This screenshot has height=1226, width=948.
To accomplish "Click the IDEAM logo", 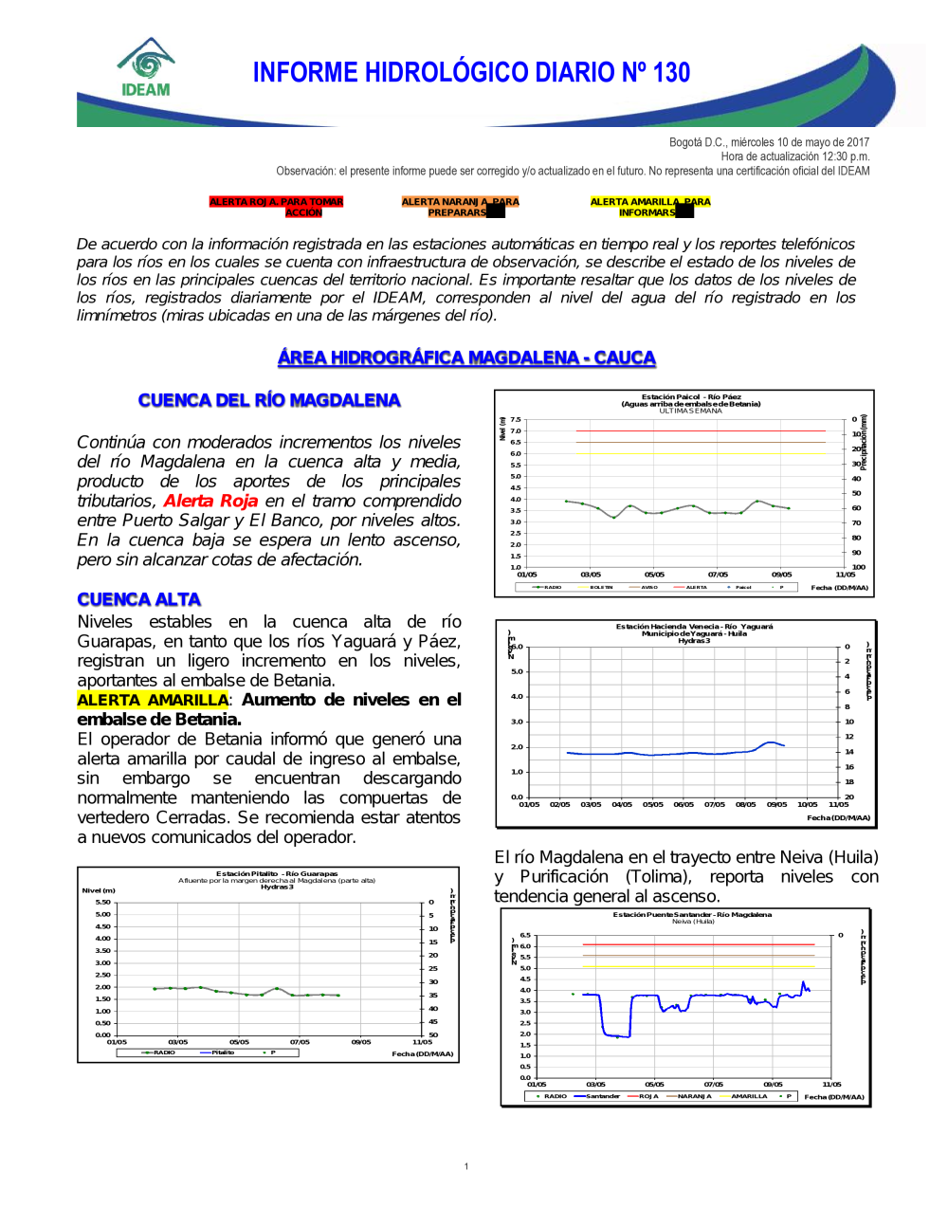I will tap(145, 68).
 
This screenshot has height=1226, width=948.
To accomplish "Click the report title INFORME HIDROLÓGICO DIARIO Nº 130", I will tap(471, 73).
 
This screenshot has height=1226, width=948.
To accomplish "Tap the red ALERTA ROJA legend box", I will tap(276, 207).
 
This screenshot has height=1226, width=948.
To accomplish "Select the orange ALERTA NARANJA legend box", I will tap(460, 207).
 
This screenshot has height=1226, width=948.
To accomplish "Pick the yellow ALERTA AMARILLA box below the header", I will tap(649, 207).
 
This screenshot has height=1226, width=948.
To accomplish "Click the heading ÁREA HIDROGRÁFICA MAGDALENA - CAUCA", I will tap(466, 357).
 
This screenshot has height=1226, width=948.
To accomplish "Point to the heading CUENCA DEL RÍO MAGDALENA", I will tap(269, 400).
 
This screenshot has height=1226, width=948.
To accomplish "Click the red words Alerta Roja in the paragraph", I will tap(210, 501).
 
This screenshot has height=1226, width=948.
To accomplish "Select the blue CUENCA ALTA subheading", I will tap(138, 599).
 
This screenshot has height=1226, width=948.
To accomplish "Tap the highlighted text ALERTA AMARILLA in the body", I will tap(153, 700).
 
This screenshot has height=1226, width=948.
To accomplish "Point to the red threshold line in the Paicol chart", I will tap(702, 431).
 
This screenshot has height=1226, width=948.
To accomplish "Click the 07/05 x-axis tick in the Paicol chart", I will tap(718, 575).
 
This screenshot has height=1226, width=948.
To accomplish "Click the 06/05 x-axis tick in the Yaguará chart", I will tap(684, 804).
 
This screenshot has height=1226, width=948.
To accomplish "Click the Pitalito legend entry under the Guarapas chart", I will tap(223, 1052).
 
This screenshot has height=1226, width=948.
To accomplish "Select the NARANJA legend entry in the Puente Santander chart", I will tap(693, 1096).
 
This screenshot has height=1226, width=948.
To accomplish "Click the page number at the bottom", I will tap(466, 1166).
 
